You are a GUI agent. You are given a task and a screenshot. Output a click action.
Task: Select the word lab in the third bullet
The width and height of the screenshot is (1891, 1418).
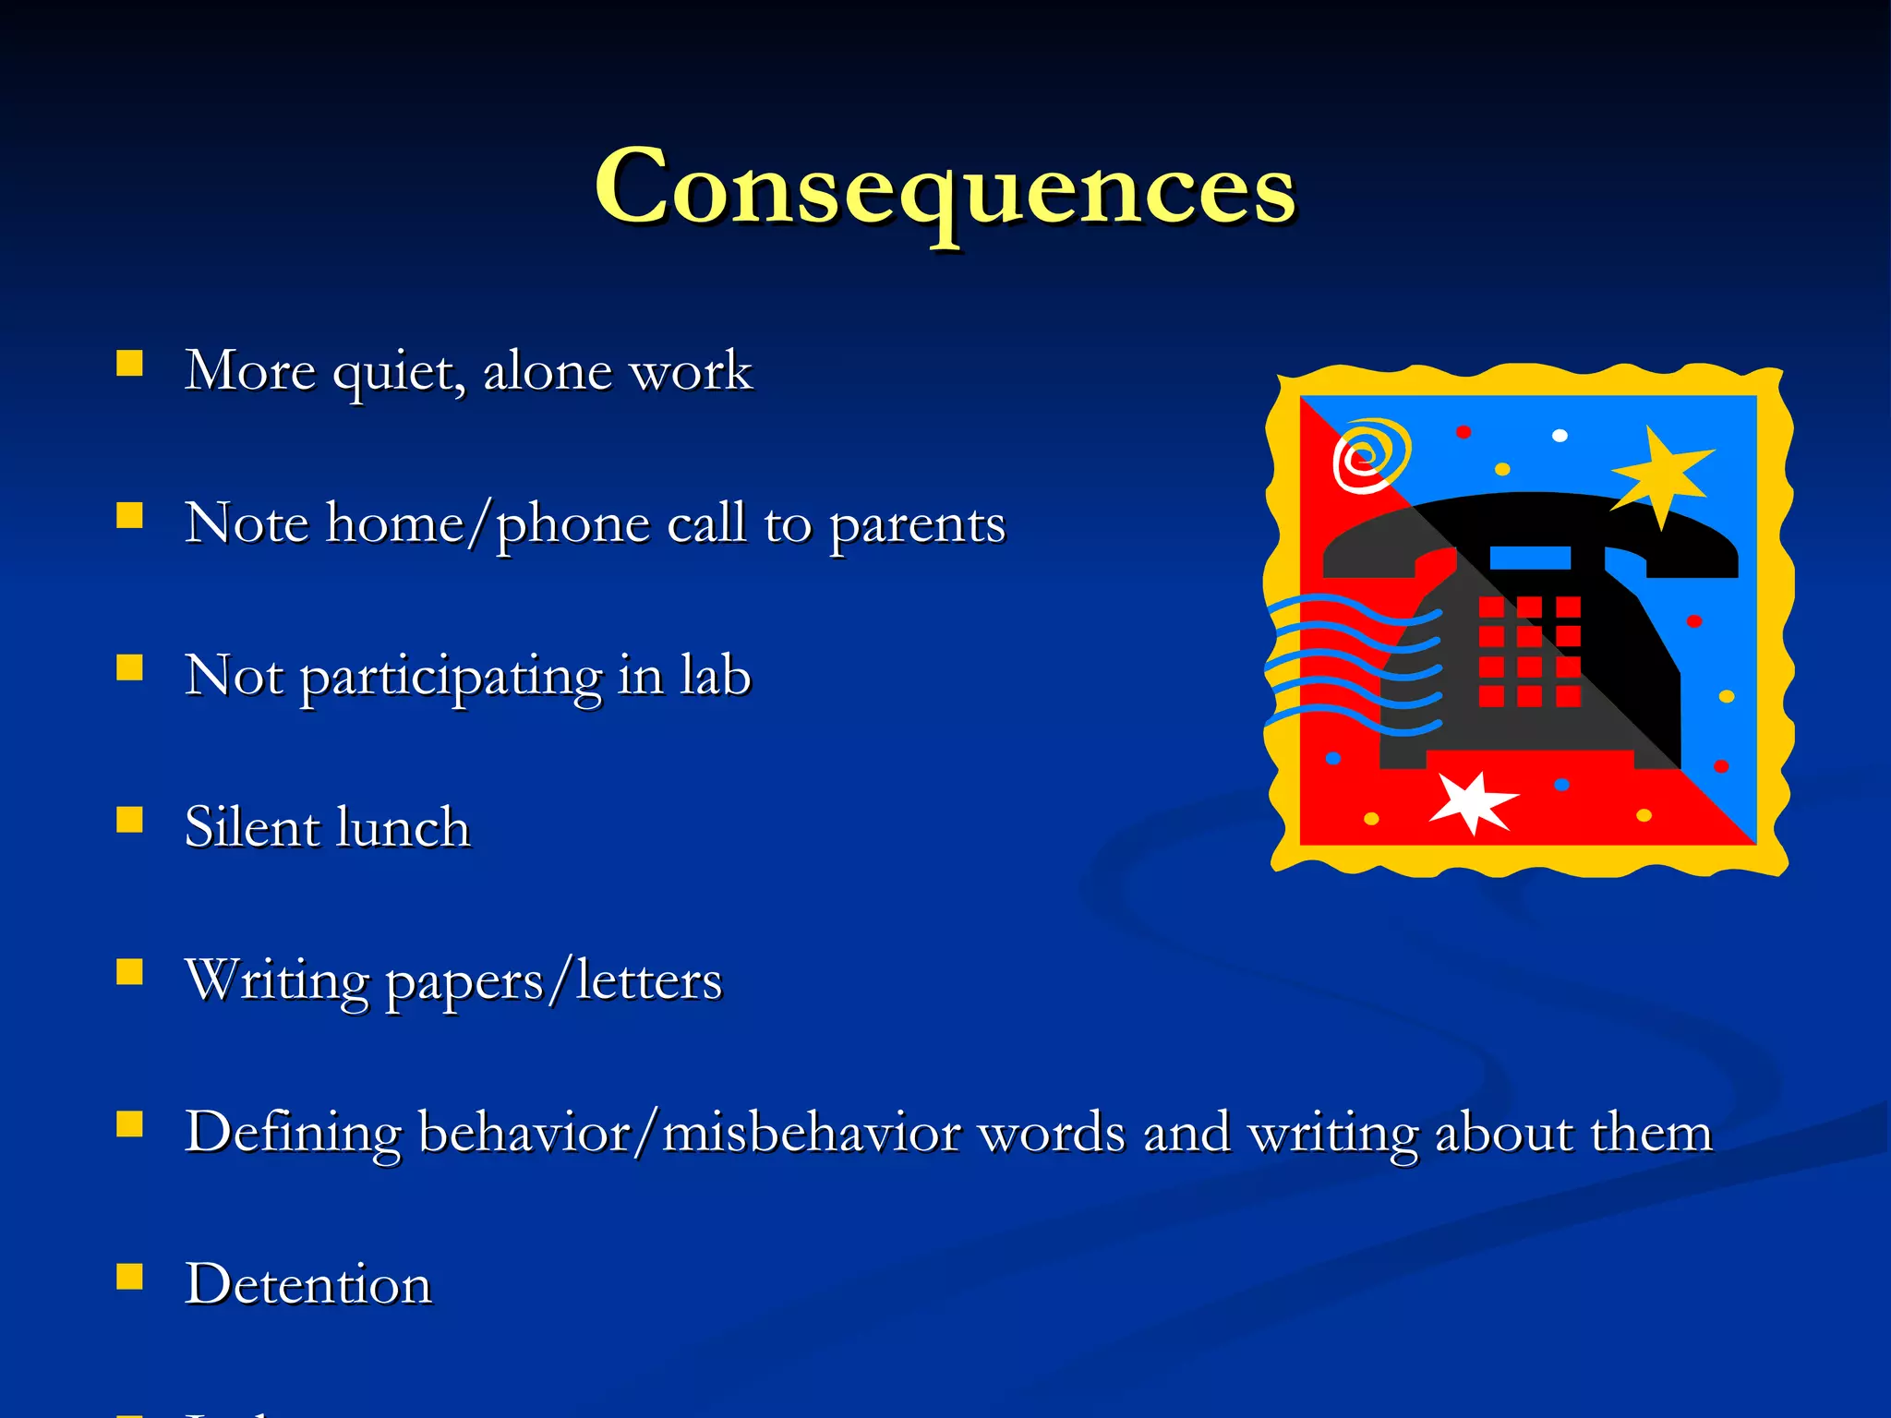[x=716, y=676]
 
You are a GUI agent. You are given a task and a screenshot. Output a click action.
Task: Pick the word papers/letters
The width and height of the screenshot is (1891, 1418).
[x=553, y=980]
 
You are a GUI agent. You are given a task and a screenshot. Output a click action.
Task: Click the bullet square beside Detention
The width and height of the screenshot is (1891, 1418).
[x=130, y=1277]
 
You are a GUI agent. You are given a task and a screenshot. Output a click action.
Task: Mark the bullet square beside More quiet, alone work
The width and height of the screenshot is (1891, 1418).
[x=130, y=364]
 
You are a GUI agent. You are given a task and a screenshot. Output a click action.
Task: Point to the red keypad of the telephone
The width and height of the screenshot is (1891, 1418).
[x=1529, y=652]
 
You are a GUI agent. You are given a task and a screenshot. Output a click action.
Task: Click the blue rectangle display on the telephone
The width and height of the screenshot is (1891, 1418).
[x=1530, y=558]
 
